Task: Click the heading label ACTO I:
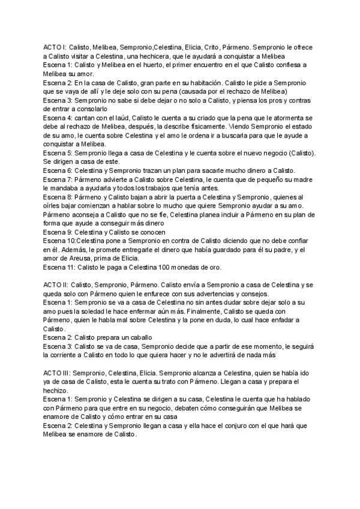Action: click(55, 46)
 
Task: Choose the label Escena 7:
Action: click(58, 180)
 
